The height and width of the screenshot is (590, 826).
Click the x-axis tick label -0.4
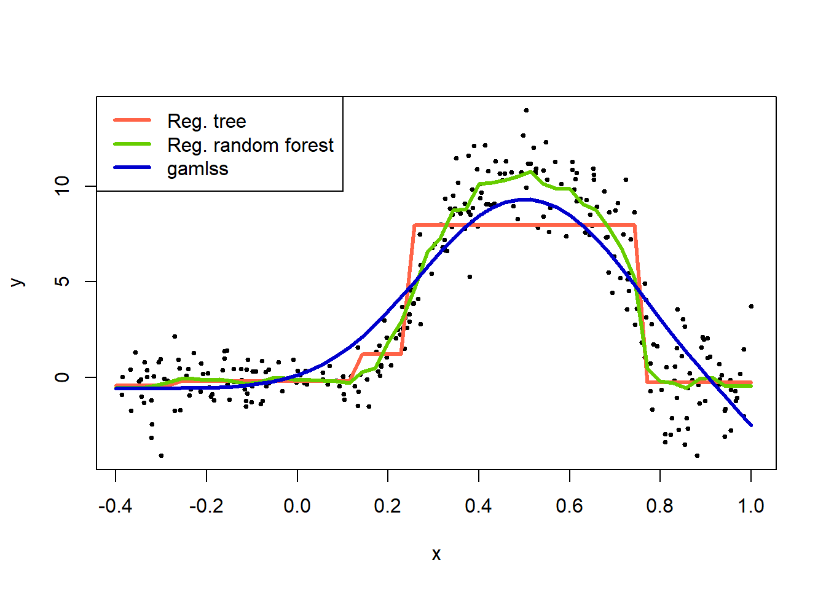point(115,506)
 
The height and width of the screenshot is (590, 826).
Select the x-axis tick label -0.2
point(206,506)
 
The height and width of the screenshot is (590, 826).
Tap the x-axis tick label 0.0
point(297,506)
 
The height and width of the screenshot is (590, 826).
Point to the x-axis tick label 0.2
point(387,506)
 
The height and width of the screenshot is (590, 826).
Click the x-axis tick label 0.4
point(478,506)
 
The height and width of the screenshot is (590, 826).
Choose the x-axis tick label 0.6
point(569,506)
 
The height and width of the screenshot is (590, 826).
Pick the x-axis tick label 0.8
point(659,506)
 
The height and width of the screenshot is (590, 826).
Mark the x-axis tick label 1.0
point(750,506)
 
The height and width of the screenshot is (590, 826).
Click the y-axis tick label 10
point(62,186)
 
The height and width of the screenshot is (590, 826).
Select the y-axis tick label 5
point(62,281)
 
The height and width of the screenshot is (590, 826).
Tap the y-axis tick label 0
point(62,377)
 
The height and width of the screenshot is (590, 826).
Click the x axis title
point(436,554)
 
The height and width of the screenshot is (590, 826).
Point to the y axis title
point(18,282)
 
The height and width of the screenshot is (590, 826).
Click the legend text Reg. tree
point(206,121)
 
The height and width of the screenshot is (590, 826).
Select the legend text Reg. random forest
point(250,145)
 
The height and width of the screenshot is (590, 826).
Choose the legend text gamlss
point(197,169)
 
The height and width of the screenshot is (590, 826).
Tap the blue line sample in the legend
point(132,168)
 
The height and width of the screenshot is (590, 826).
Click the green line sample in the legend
point(132,144)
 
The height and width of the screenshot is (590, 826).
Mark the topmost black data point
point(526,111)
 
